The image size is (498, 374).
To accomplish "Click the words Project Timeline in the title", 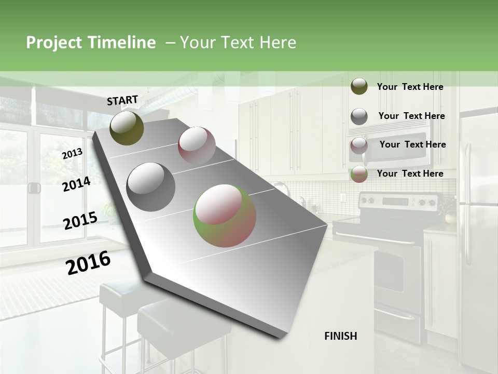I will coord(91,43).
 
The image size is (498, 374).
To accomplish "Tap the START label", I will coord(122,100).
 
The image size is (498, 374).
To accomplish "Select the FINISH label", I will coord(341,336).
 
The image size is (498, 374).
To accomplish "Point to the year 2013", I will coord(72,154).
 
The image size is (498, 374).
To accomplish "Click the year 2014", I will coord(76,184).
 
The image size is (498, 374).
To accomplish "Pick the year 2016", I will coord(88,262).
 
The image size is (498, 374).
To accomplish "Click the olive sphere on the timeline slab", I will coord(127,128).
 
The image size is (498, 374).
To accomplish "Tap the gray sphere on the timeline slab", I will coord(151,187).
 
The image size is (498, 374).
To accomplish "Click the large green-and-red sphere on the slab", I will coord(225,216).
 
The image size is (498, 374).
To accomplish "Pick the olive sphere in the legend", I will coord(359,86).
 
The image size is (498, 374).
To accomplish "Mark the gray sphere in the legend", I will coord(359,116).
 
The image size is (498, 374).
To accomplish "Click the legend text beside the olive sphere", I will coord(410,87).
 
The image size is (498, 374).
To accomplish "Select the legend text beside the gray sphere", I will coord(411,116).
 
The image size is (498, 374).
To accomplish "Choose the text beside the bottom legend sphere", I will coord(410,173).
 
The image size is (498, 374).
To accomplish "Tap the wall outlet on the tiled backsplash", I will coord(342,197).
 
